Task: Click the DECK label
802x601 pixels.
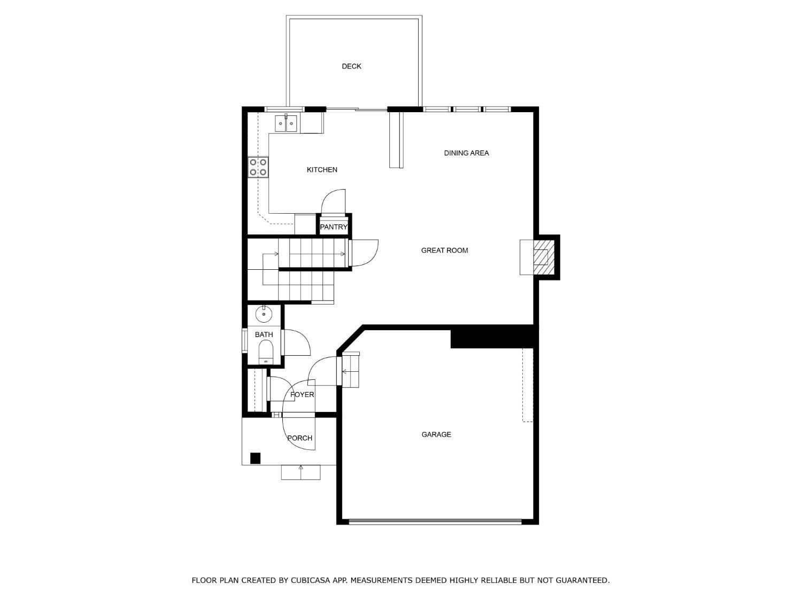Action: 351,66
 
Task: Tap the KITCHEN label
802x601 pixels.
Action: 322,170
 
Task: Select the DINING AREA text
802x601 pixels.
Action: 466,153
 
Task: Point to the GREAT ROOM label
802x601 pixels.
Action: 444,251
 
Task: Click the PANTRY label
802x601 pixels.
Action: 334,227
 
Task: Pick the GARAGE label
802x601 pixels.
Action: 436,435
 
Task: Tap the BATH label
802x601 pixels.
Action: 264,335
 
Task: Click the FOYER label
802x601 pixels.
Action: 302,395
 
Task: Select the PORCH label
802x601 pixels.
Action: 299,438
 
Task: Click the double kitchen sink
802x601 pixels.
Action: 286,124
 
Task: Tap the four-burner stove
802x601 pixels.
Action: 258,167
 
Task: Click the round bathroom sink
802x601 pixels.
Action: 264,314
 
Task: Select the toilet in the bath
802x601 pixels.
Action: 266,352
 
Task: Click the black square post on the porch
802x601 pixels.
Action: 256,458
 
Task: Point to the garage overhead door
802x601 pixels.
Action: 435,521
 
